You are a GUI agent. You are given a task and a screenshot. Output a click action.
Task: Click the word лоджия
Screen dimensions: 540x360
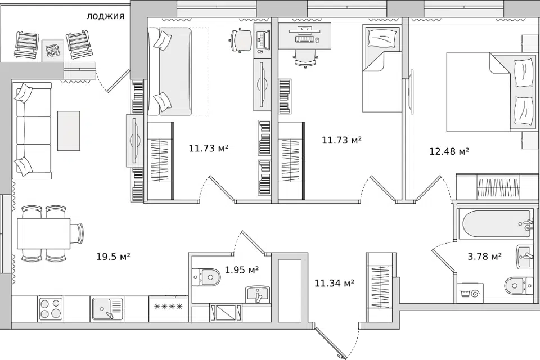point(105,16)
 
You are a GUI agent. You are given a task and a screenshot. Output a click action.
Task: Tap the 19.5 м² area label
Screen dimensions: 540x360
point(113,256)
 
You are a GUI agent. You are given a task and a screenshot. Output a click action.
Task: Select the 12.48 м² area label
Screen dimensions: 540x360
point(449,151)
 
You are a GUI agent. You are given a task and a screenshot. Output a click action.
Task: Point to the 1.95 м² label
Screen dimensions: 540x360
point(242,270)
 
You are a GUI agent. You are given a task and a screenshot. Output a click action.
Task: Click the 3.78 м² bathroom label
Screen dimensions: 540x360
point(484,256)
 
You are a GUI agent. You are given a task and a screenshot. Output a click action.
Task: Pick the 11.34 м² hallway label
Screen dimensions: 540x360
point(335,283)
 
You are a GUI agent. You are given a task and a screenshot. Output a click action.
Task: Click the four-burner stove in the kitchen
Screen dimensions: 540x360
point(51,308)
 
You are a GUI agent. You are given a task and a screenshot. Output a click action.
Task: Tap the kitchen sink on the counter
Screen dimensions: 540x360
point(107,308)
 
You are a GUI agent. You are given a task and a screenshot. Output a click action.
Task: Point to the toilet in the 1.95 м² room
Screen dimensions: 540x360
point(206,276)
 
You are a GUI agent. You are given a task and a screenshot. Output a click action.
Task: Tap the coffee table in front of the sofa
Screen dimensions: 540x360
point(69,130)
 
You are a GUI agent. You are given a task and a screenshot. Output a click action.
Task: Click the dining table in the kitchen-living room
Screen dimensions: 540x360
point(44,233)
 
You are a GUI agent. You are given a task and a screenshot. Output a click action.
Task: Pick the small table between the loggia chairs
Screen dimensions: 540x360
point(53,51)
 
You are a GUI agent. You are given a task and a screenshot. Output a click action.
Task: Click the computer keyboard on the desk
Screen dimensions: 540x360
point(305,40)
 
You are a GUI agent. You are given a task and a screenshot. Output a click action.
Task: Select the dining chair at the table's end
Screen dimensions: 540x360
point(78,233)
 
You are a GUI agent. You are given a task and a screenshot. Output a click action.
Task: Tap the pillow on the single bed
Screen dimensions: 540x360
point(382,38)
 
